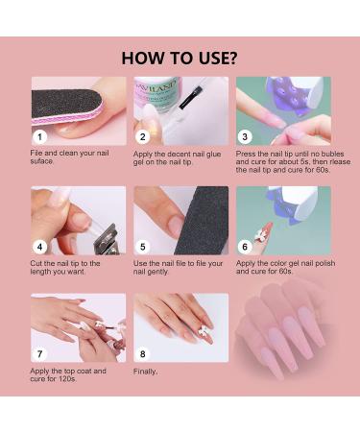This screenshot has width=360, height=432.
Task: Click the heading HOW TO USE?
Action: pos(180,58)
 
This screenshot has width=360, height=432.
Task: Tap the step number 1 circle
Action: pos(40,137)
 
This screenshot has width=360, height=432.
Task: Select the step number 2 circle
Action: pos(143,137)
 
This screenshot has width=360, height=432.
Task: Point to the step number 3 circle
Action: pos(245,137)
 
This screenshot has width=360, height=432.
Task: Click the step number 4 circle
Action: pos(40,247)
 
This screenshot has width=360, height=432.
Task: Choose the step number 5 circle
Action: pos(143,247)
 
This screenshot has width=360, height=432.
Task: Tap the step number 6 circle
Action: pos(245,247)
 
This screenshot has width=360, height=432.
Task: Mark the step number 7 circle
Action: pos(40,354)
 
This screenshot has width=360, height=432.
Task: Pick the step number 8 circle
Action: pos(143,354)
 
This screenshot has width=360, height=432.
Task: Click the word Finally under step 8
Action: pos(145,372)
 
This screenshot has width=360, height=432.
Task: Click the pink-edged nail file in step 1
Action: pos(67,107)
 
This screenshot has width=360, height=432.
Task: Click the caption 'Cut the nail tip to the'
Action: pos(65,263)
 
